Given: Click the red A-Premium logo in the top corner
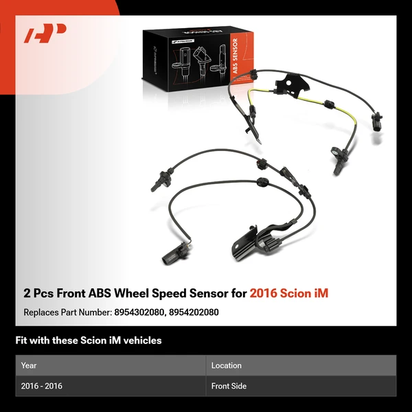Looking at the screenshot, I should (x=45, y=34).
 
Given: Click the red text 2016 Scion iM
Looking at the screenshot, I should (x=289, y=293).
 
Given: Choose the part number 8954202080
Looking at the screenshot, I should (x=194, y=312).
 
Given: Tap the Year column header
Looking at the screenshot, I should (x=29, y=365).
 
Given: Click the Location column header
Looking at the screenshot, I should (x=226, y=365).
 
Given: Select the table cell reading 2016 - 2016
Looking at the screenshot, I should (x=42, y=386).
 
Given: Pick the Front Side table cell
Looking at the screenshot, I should (x=229, y=386).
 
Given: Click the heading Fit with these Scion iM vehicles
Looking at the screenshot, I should (x=89, y=341).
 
